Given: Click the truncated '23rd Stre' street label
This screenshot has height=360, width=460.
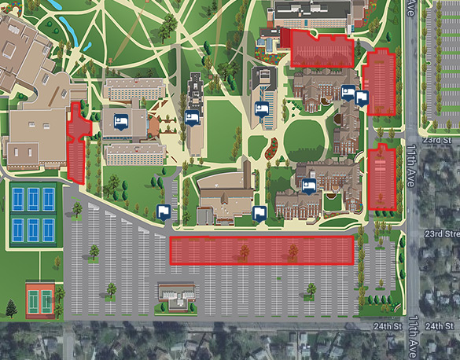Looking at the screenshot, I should tap(442, 233).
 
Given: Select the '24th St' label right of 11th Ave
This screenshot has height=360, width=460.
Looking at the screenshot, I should tap(438, 326).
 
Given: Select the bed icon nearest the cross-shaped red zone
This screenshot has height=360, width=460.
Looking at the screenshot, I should tap(121, 121).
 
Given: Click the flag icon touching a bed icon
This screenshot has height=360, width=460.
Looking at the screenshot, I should tap(362, 98).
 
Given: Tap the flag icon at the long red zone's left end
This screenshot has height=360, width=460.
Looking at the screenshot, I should tap(164, 212).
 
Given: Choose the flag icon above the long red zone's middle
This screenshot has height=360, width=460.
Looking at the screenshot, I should tap(259, 212).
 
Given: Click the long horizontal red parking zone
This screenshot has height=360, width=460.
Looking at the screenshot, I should tap(262, 250).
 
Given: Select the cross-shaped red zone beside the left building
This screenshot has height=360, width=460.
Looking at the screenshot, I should tap(76, 141).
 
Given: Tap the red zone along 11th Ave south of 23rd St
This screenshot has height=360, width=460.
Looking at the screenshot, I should tap(381, 178).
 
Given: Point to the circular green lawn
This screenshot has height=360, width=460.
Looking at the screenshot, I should tap(304, 140).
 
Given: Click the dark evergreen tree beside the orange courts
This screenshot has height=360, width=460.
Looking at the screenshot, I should tap(11, 307).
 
